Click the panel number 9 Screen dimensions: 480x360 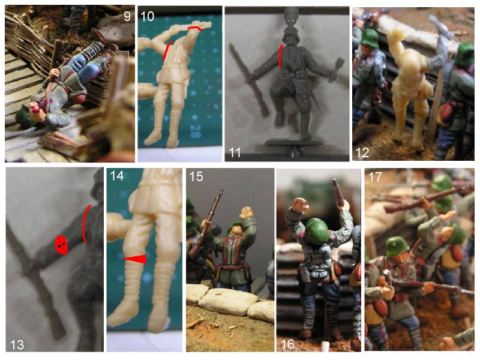(x=127, y=16)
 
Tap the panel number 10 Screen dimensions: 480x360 (x=147, y=16)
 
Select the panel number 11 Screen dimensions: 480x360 (x=235, y=152)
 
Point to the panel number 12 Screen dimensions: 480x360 (x=362, y=152)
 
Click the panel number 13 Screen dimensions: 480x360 (x=17, y=344)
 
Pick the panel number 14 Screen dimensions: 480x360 (x=116, y=176)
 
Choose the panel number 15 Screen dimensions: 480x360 (x=196, y=176)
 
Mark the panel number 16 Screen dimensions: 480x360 (x=288, y=344)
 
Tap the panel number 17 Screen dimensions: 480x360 (x=376, y=176)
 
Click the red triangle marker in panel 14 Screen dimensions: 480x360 (x=137, y=259)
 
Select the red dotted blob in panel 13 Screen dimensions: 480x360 (x=61, y=245)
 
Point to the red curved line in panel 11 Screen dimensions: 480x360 (x=280, y=56)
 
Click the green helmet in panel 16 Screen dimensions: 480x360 (x=317, y=227)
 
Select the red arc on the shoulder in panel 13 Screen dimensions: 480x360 (x=86, y=223)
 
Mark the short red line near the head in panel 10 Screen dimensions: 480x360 (x=194, y=28)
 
